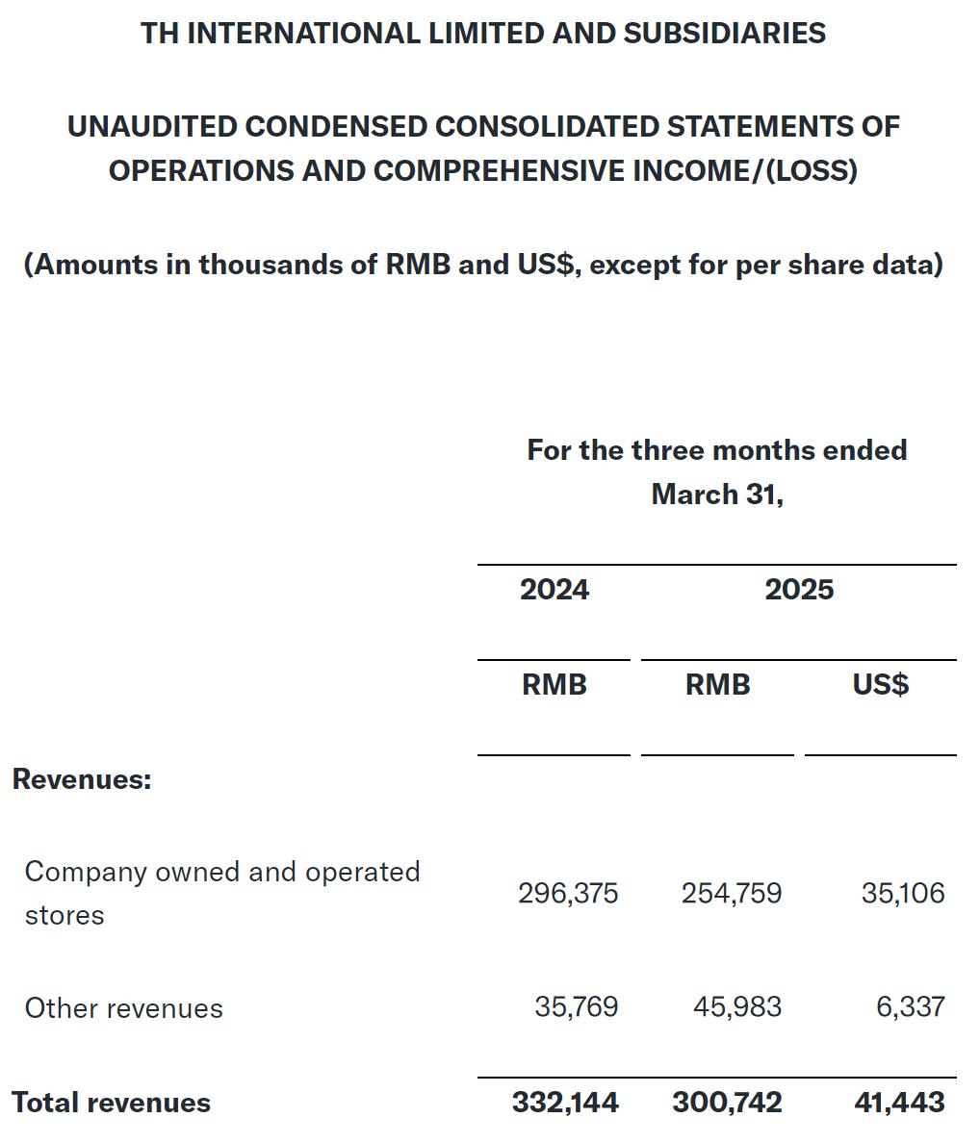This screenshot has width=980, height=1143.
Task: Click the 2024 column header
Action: point(554,589)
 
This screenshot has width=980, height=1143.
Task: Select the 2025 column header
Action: point(799,589)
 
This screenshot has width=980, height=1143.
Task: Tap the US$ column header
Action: point(880,684)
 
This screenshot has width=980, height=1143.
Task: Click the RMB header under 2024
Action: point(554,684)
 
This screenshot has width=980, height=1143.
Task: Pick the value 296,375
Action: point(568,893)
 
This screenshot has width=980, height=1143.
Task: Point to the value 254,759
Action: point(732,893)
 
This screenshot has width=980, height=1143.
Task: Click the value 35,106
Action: point(903,893)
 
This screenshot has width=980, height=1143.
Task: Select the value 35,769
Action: point(576,1006)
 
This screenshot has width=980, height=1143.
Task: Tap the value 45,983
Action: point(737,1006)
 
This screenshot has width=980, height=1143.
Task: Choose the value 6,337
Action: point(911,1006)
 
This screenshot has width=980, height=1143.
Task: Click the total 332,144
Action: point(565,1102)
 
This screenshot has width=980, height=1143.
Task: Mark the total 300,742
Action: point(727,1102)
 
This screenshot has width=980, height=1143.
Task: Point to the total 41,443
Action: point(899,1102)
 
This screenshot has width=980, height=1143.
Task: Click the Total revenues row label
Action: point(111,1102)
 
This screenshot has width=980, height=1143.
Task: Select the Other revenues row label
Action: point(123,1008)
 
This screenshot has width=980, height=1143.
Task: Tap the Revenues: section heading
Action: point(82,778)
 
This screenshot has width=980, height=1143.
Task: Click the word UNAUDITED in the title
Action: point(151,126)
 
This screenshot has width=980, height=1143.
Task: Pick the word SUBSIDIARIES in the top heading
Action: point(724,33)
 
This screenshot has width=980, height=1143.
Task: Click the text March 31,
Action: point(717,494)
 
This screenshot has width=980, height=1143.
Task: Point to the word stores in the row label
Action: point(64,915)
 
